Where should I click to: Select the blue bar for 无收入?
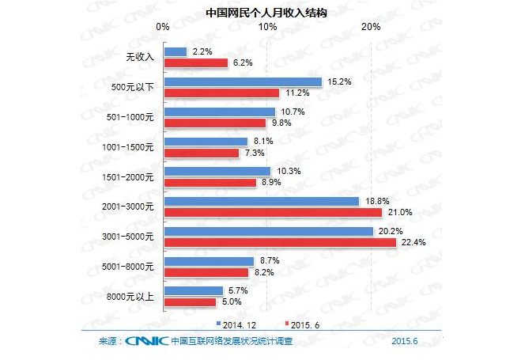tap(175, 52)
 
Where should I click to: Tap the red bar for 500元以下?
tap(221, 93)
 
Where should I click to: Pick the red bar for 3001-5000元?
tap(279, 242)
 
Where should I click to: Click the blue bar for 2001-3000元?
tap(261, 201)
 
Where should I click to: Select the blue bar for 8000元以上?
tap(193, 290)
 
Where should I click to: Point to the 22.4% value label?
tap(413, 242)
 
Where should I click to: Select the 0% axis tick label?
tap(164, 28)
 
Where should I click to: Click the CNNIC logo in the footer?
tap(145, 341)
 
